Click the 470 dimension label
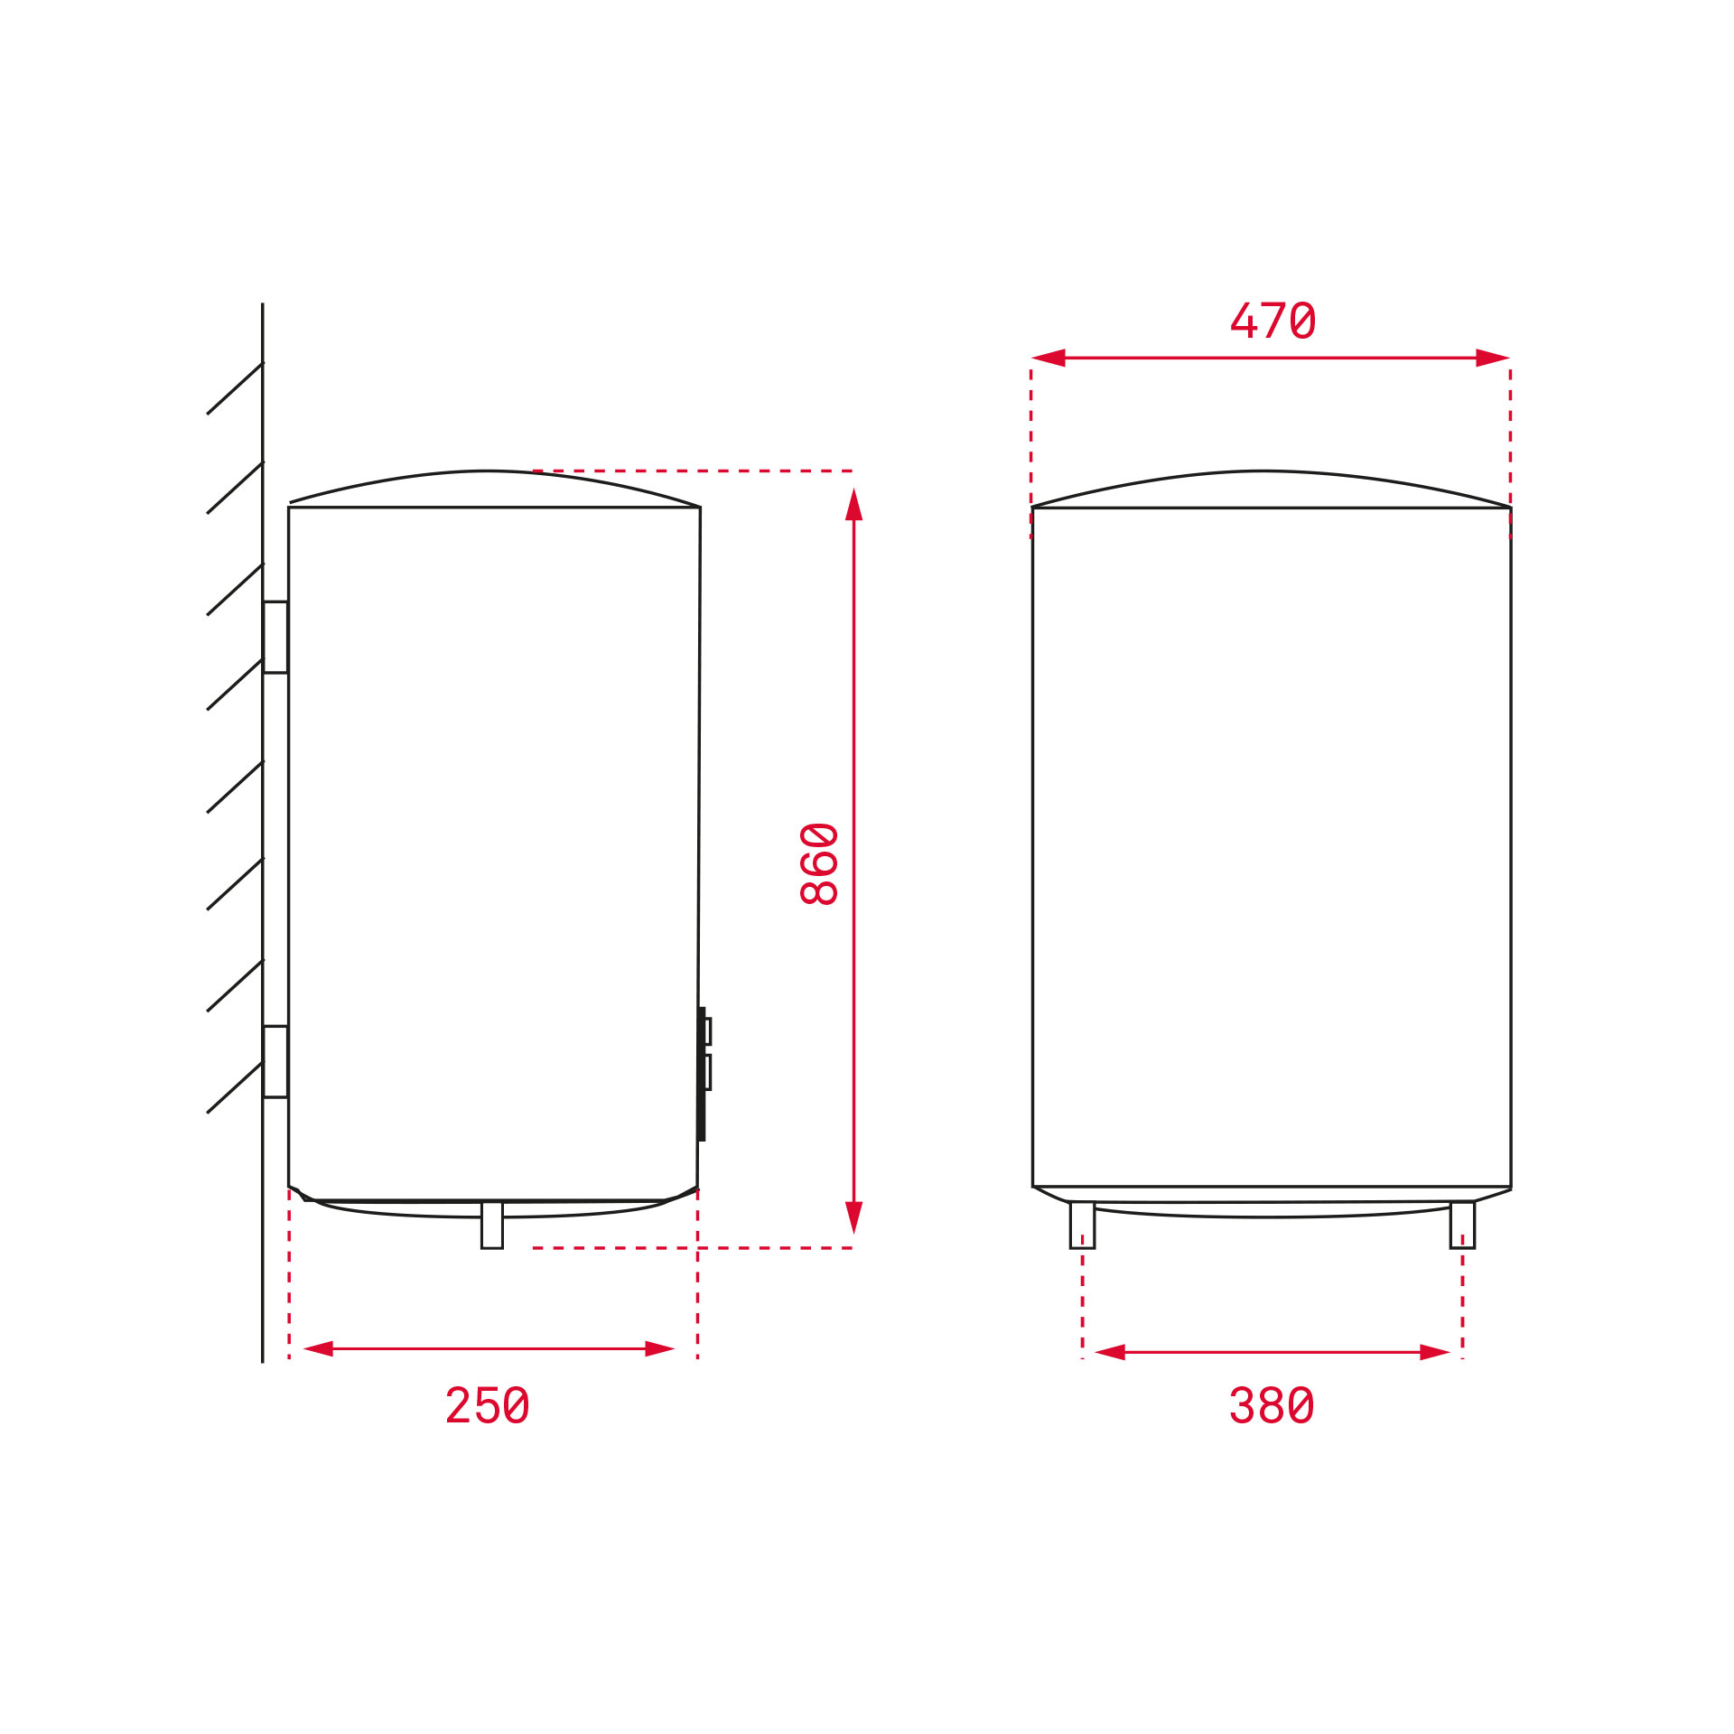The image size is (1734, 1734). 1273,321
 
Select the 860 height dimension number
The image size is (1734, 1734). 820,863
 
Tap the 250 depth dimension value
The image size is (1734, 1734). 488,1405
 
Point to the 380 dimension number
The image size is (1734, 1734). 1272,1405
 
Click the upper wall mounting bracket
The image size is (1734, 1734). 275,637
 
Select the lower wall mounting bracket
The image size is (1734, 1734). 275,1061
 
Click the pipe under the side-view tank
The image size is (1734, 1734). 492,1225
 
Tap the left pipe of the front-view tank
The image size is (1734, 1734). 1082,1225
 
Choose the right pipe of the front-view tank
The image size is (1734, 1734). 1462,1225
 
